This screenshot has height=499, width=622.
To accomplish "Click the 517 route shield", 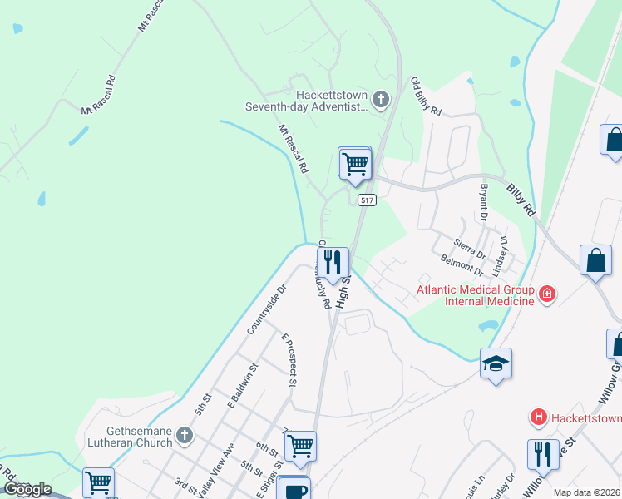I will click(368, 200).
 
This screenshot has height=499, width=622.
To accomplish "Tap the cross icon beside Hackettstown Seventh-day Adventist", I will click(380, 101).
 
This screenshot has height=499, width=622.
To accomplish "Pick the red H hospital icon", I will click(539, 416).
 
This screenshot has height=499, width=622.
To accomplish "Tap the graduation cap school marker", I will click(496, 363).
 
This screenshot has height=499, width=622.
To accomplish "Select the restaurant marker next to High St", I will click(333, 262).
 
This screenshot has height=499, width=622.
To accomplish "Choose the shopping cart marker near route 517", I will click(355, 162).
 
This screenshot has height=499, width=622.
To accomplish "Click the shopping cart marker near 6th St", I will click(300, 445).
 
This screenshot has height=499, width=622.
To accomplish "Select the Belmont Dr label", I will click(462, 267).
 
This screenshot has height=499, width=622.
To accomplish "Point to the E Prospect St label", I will click(289, 361).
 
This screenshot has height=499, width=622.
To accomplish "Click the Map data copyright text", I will click(586, 492).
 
